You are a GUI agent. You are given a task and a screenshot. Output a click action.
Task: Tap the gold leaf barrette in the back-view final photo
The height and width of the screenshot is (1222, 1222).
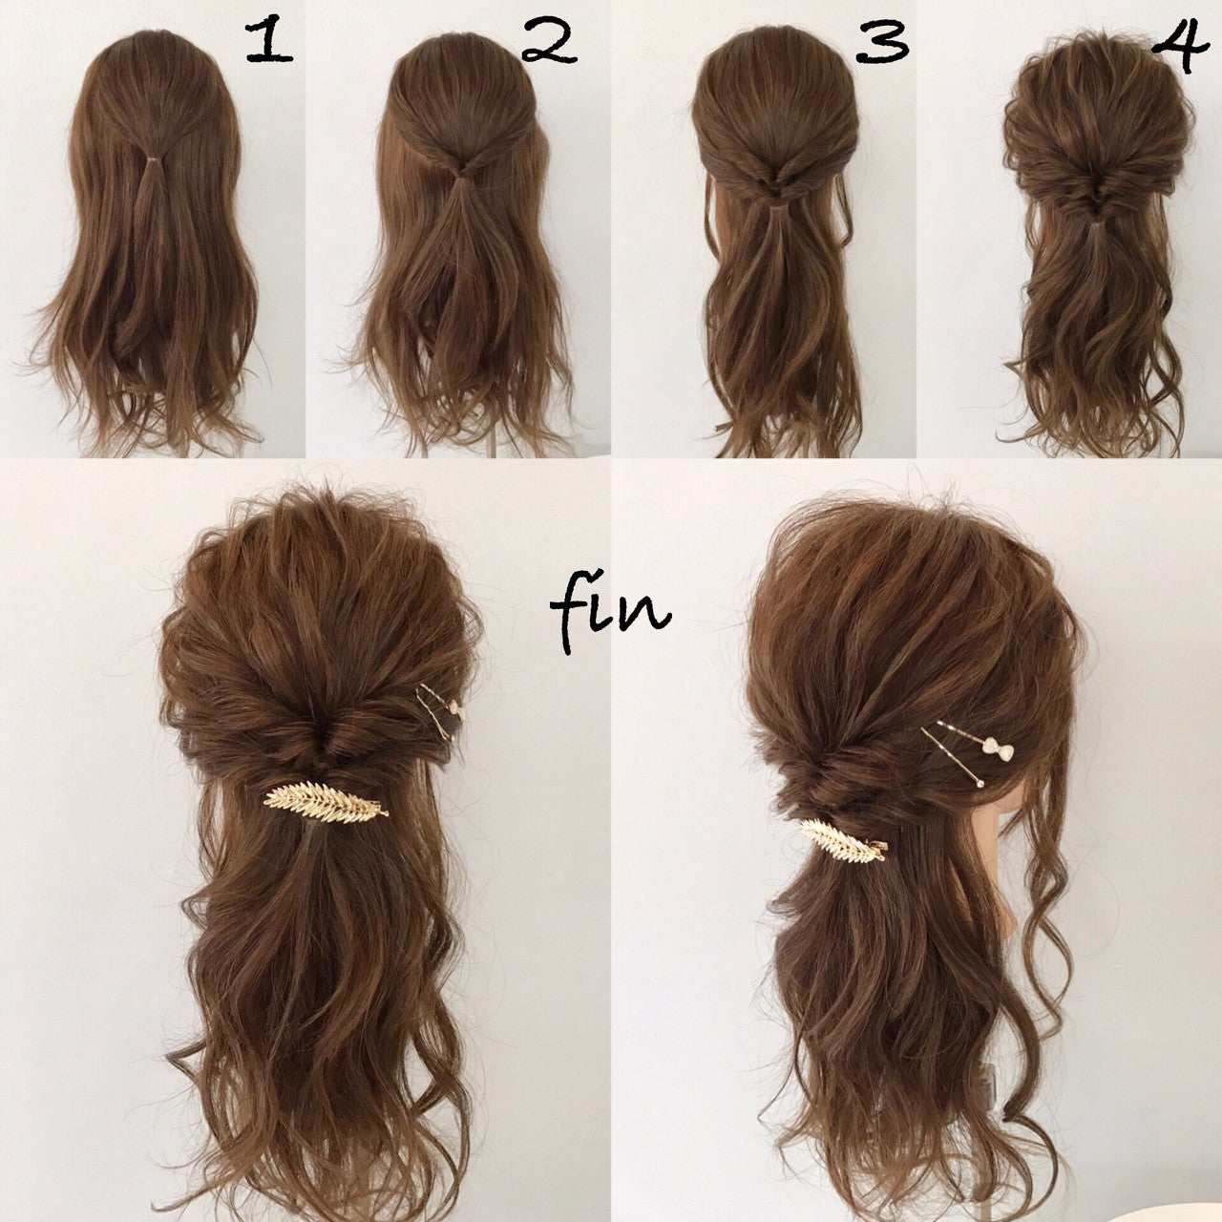326,801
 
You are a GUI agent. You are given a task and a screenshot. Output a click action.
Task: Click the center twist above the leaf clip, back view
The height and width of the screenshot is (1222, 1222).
319,736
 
